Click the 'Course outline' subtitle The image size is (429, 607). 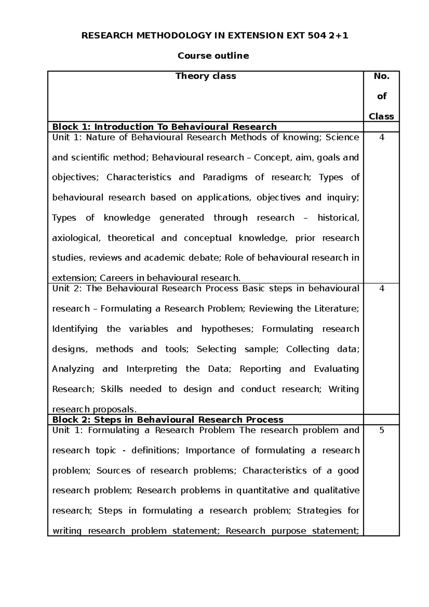click(x=213, y=56)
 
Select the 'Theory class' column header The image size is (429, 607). click(x=206, y=76)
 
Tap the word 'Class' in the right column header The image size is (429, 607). click(x=381, y=117)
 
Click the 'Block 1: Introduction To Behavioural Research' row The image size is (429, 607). click(x=164, y=127)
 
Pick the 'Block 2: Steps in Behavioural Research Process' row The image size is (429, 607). click(x=168, y=420)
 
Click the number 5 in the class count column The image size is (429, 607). click(x=381, y=430)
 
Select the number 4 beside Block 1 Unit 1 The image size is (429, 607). click(x=381, y=138)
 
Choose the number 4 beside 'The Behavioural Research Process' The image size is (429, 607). click(x=381, y=289)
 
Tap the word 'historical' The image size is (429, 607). click(x=338, y=218)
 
